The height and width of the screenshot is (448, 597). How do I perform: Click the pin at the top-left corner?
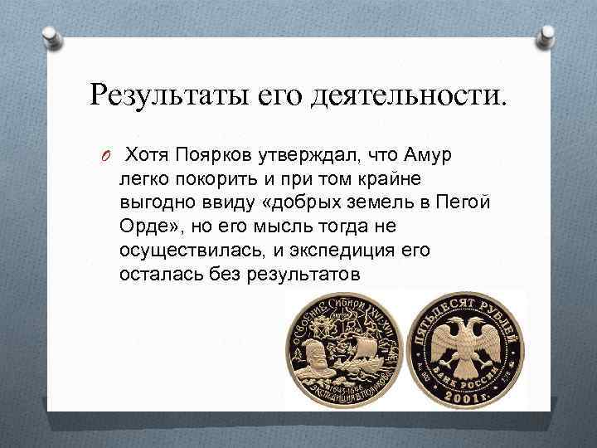(x=49, y=38)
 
